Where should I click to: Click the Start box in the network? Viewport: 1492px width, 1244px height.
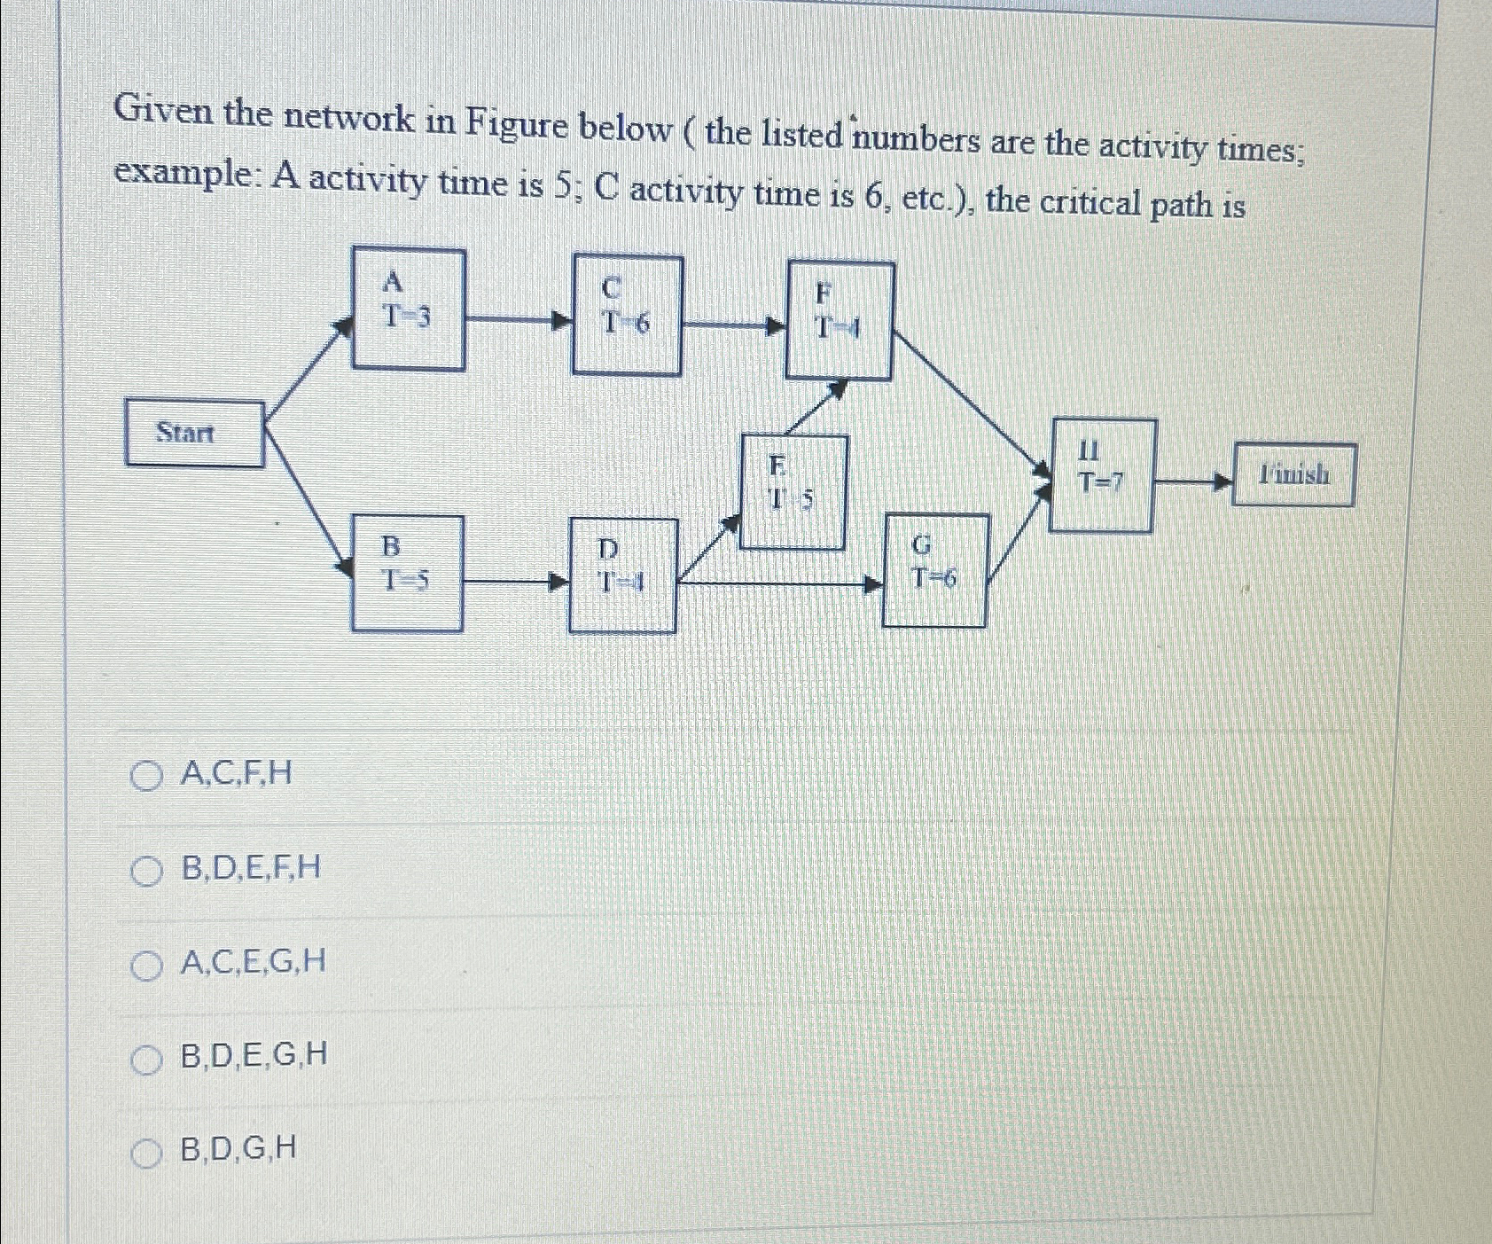pyautogui.click(x=195, y=433)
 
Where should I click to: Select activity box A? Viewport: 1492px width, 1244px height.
pyautogui.click(x=408, y=309)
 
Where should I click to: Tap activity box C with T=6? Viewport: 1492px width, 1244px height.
pyautogui.click(x=627, y=315)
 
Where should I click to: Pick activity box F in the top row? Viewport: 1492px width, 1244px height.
pyautogui.click(x=840, y=321)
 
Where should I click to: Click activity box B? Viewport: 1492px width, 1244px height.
pyautogui.click(x=407, y=574)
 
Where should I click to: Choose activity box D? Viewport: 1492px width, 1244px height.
pyautogui.click(x=622, y=575)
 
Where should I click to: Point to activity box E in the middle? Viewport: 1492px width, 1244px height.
pyautogui.click(x=793, y=492)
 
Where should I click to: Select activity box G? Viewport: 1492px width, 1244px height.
pyautogui.click(x=935, y=570)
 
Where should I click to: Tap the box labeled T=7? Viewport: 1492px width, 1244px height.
pyautogui.click(x=1102, y=475)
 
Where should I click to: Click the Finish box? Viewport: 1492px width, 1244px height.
pyautogui.click(x=1293, y=475)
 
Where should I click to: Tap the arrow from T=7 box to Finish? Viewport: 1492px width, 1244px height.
pyautogui.click(x=1193, y=482)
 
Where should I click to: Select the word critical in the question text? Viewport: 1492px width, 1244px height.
pyautogui.click(x=1090, y=203)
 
